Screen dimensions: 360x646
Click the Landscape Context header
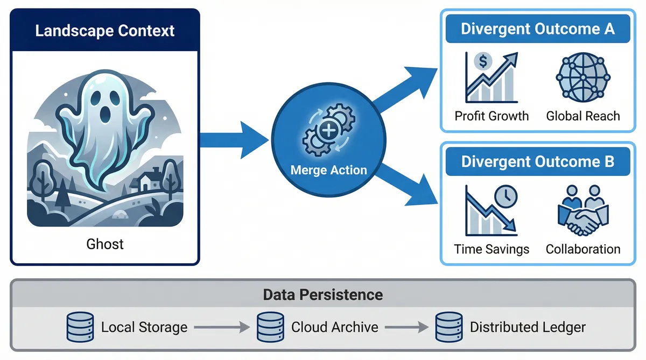(105, 30)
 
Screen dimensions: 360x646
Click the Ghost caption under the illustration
(105, 244)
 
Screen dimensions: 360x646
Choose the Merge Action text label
(328, 170)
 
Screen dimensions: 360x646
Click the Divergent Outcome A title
(537, 29)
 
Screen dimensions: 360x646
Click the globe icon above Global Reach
(583, 78)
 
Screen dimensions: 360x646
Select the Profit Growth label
(491, 116)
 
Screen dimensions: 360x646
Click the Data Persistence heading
(322, 295)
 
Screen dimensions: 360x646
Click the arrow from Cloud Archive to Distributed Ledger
(407, 327)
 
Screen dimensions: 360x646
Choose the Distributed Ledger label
(527, 327)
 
